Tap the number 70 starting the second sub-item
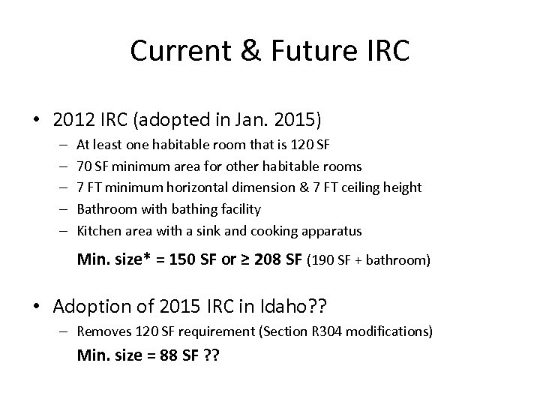85,166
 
